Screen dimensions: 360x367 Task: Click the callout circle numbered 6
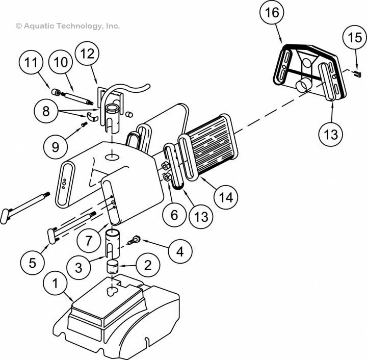[174, 215]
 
